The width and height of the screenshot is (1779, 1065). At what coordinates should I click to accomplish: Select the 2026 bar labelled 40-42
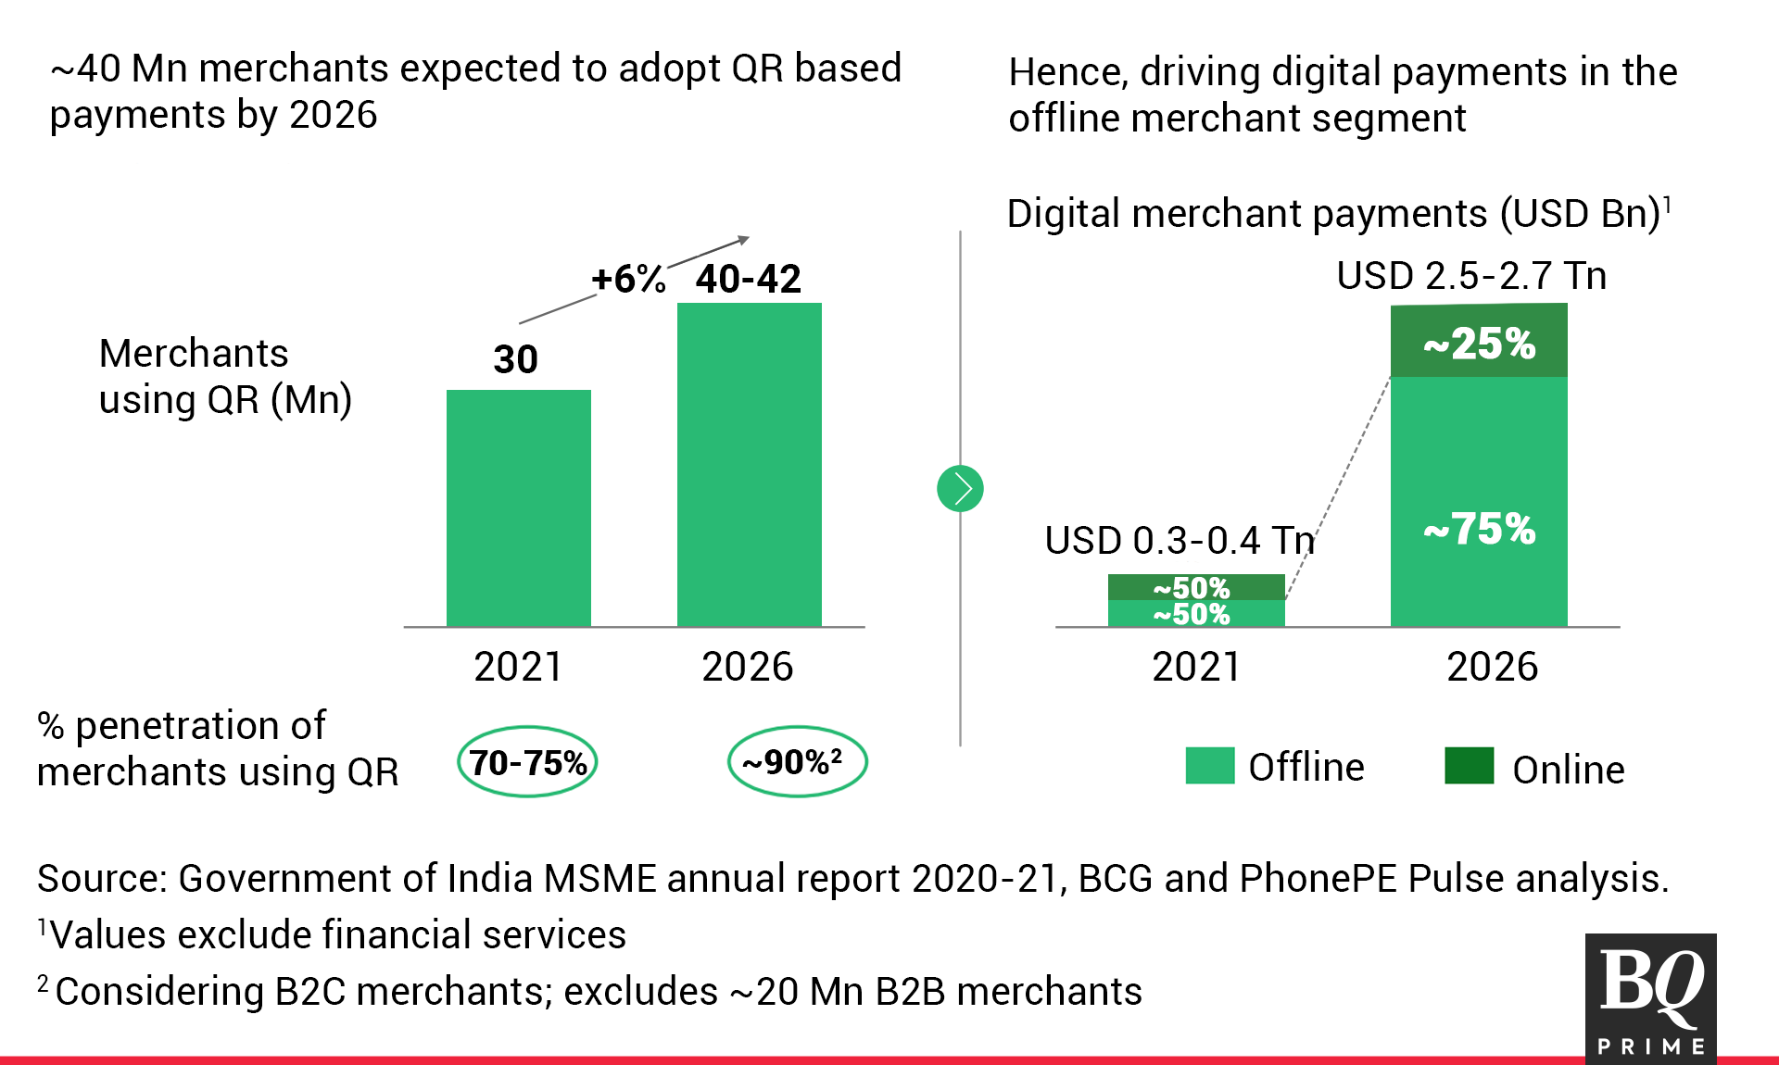point(749,463)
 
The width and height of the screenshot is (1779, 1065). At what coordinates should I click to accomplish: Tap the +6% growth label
point(628,279)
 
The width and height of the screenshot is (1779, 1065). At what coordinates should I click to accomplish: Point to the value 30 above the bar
point(515,359)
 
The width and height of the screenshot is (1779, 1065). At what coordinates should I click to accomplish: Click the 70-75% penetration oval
point(527,762)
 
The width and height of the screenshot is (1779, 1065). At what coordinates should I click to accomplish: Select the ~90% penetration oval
point(797,762)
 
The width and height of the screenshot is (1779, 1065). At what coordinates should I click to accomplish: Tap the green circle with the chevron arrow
point(960,488)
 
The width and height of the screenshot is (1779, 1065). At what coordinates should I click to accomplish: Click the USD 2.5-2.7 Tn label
point(1471,276)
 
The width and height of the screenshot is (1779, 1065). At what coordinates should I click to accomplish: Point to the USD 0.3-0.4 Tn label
point(1180,540)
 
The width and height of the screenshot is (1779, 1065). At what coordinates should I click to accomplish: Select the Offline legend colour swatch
point(1209,766)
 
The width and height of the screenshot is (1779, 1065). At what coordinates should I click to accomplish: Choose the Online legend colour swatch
point(1469,766)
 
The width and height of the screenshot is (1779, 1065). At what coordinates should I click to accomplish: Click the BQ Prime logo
point(1650,998)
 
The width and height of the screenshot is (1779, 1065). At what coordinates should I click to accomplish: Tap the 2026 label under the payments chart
point(1492,667)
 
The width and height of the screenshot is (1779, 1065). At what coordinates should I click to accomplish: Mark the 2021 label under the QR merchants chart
point(518,667)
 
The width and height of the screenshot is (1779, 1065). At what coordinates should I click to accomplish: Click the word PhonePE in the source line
point(1318,879)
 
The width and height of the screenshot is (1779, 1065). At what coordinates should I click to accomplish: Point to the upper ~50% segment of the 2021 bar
point(1195,587)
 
